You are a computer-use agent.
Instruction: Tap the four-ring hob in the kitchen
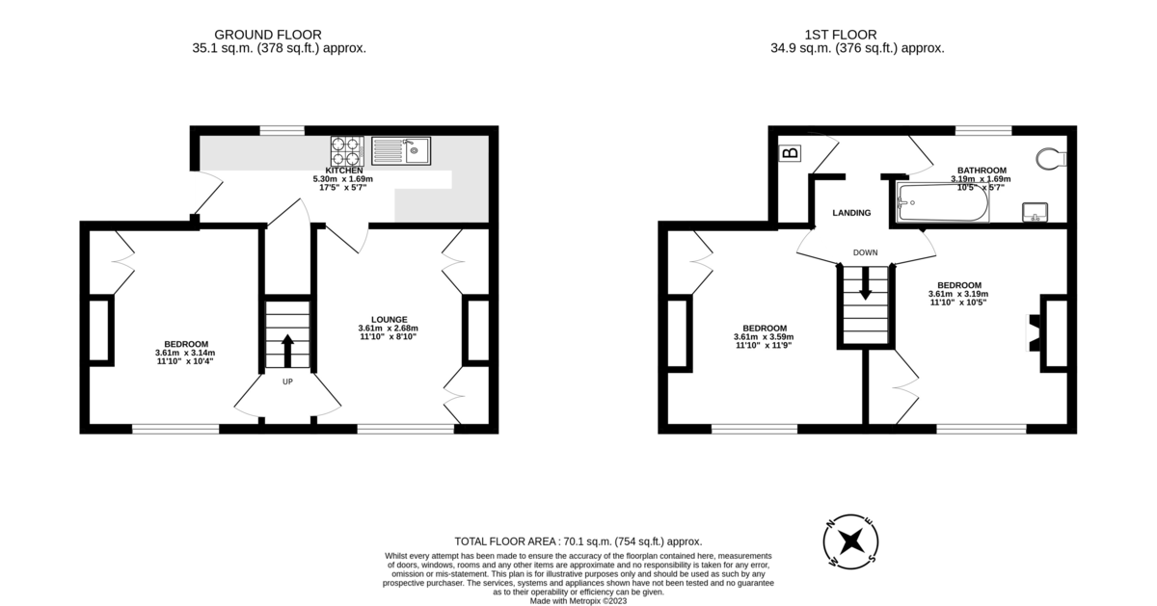(x=346, y=151)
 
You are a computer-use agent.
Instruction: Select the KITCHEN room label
(x=343, y=171)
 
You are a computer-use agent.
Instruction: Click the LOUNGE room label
(x=389, y=319)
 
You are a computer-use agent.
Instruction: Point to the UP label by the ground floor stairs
(x=287, y=382)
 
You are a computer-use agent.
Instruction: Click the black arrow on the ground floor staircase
(x=286, y=348)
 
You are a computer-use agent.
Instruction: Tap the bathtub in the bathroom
(x=941, y=203)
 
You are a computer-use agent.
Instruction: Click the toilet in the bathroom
(x=1048, y=158)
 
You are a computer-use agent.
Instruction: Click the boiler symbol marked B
(x=791, y=153)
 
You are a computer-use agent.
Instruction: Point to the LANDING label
(x=851, y=213)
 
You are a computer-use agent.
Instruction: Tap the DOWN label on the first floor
(x=865, y=253)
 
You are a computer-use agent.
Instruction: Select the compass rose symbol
(x=850, y=540)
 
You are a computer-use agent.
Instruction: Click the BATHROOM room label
(x=982, y=171)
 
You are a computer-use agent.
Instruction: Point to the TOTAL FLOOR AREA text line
(x=578, y=541)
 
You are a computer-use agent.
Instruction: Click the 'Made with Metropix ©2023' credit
(x=578, y=600)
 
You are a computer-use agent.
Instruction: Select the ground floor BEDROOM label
(x=186, y=344)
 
